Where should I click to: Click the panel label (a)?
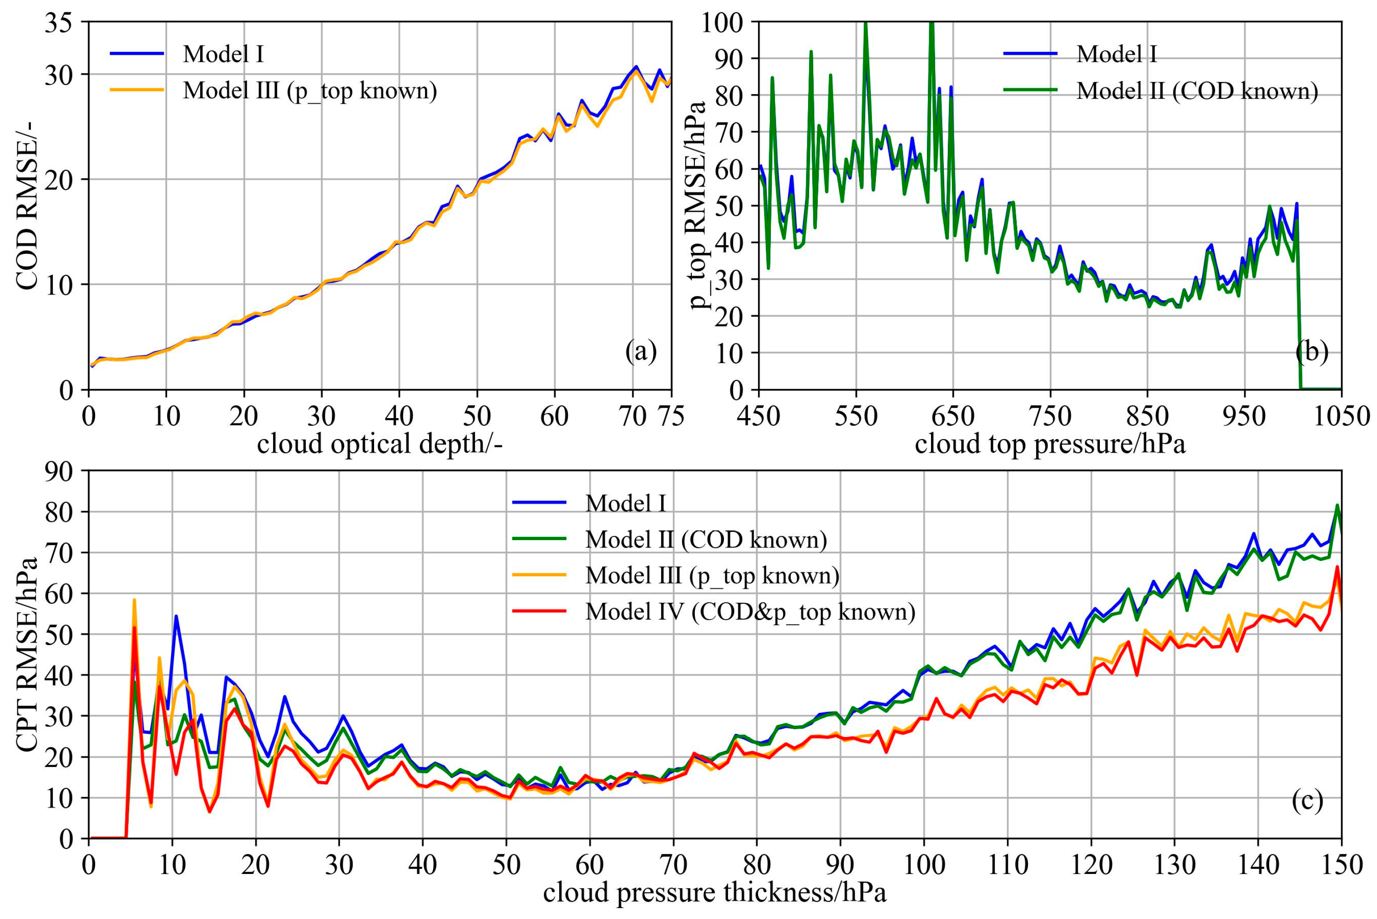(641, 352)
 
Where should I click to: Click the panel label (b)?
(1311, 352)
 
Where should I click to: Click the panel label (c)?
(1306, 801)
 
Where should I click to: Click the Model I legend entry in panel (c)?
(625, 503)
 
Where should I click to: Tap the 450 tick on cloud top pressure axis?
(759, 417)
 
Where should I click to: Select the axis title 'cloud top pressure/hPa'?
(1049, 444)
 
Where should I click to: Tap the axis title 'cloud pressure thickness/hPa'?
(714, 893)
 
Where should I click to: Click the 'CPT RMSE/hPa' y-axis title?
(26, 654)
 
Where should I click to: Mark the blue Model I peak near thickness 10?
(176, 616)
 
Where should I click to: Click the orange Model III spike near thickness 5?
(134, 600)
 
